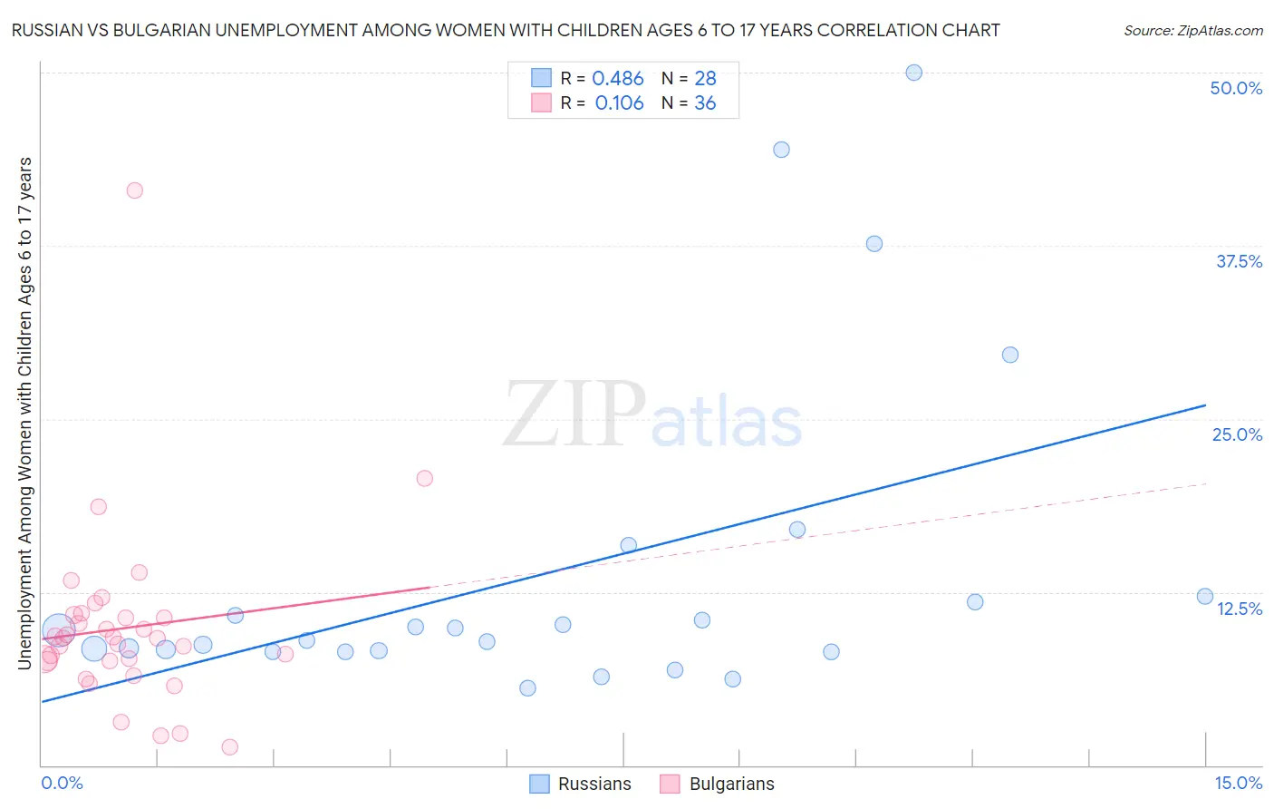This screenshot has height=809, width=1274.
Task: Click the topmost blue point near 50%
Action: tap(913, 73)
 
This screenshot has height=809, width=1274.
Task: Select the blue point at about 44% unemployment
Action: tap(781, 150)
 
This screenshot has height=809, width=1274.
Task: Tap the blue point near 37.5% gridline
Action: tap(873, 243)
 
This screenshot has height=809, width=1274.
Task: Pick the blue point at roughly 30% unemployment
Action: tap(1010, 355)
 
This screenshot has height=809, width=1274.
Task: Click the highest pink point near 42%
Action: tap(135, 190)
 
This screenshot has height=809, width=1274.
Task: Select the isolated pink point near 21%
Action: tap(424, 478)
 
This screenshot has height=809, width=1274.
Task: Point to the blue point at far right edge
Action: tap(1204, 596)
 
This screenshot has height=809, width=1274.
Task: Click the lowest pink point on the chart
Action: tap(230, 747)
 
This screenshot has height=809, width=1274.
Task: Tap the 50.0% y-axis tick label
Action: tap(1236, 88)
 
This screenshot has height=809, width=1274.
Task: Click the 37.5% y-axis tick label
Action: tap(1239, 261)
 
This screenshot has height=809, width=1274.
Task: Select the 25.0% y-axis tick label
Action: tap(1237, 434)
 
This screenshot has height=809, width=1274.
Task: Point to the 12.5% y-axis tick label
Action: tap(1239, 608)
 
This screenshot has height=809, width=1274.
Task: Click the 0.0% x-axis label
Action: tap(62, 783)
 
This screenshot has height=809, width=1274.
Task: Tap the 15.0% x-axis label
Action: tap(1238, 783)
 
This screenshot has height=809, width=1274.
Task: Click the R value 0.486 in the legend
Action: tap(617, 79)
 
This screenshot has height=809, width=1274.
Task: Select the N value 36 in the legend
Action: tap(705, 103)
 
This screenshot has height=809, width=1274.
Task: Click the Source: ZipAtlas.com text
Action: tap(1192, 31)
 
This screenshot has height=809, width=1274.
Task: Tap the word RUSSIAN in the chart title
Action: tap(46, 30)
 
